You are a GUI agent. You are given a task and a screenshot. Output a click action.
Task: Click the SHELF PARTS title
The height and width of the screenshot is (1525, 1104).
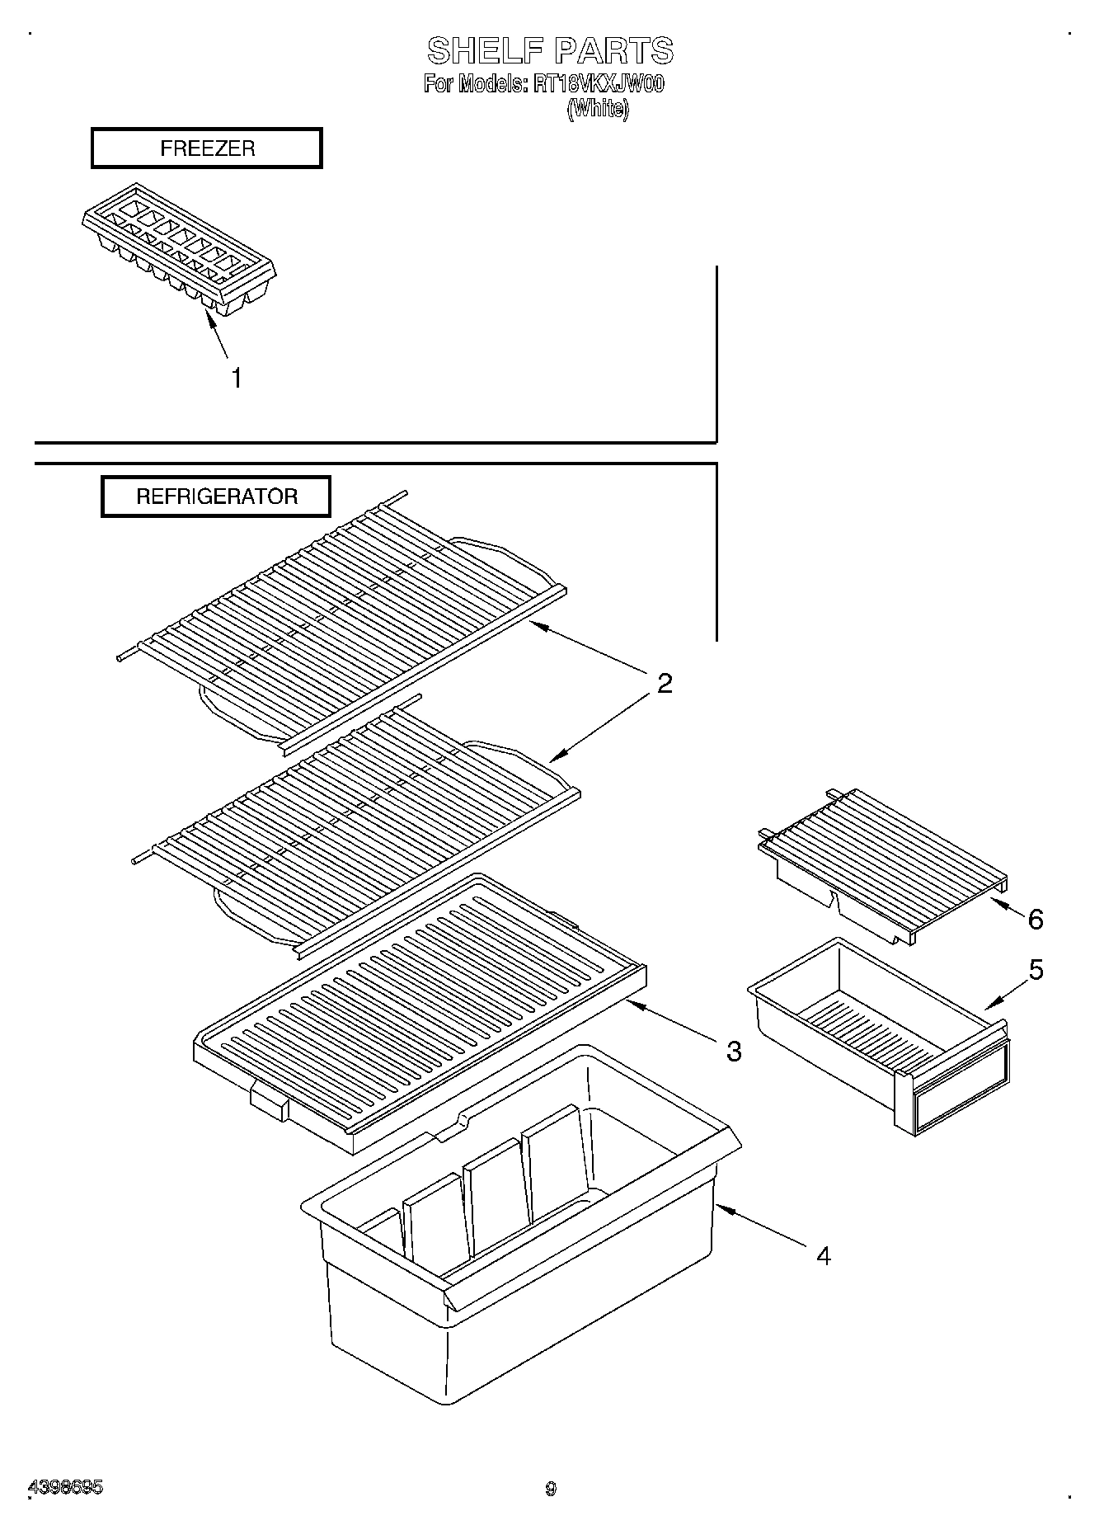[550, 51]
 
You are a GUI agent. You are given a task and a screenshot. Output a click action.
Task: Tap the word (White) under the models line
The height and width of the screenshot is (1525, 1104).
[598, 109]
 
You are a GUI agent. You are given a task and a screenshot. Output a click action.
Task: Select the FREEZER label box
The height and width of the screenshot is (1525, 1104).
[206, 148]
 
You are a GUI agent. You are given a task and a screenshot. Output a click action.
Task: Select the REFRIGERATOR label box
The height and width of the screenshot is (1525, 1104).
[216, 497]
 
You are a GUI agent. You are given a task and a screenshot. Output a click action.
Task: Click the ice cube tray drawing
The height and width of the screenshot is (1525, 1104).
[179, 250]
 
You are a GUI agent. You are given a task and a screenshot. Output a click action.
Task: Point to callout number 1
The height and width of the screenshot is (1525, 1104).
[236, 379]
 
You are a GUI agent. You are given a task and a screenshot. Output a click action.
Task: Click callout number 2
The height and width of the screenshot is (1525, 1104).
[664, 683]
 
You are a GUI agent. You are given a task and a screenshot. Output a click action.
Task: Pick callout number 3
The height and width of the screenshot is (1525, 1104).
[733, 1051]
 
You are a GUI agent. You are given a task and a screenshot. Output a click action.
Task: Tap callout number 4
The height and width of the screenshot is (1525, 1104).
[823, 1255]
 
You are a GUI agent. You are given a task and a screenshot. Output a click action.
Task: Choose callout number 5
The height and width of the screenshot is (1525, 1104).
[1036, 970]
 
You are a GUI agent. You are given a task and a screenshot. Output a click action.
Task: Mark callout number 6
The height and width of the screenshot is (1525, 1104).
[1036, 919]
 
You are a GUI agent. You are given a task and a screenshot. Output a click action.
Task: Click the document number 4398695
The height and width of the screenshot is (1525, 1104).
[66, 1488]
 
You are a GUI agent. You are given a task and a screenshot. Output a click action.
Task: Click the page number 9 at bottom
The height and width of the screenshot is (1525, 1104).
[551, 1489]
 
